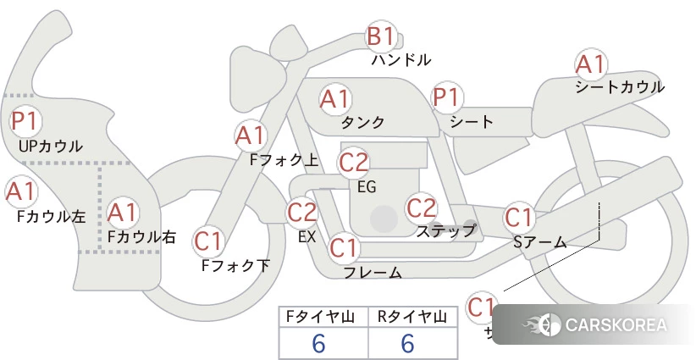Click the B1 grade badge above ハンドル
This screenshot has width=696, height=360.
(381, 37)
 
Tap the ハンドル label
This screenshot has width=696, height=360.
(401, 60)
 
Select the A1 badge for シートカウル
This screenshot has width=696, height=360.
(590, 64)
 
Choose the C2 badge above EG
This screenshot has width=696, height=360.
(354, 162)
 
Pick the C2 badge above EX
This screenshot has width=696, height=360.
(302, 212)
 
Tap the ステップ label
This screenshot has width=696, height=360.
(445, 230)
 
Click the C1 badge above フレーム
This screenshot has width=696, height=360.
(344, 249)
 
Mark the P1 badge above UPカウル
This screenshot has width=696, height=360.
(24, 121)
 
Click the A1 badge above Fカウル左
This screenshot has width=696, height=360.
(20, 192)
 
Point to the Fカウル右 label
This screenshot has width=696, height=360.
(142, 238)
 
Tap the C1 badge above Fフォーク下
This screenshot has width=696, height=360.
(208, 241)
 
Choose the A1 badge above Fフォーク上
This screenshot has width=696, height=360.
(251, 135)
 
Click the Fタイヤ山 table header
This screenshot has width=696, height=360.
(323, 317)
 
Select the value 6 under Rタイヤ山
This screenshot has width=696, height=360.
(408, 343)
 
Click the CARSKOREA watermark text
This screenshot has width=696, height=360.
(616, 325)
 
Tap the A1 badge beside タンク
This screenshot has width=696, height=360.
(335, 99)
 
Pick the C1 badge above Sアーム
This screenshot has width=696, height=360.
(518, 217)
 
